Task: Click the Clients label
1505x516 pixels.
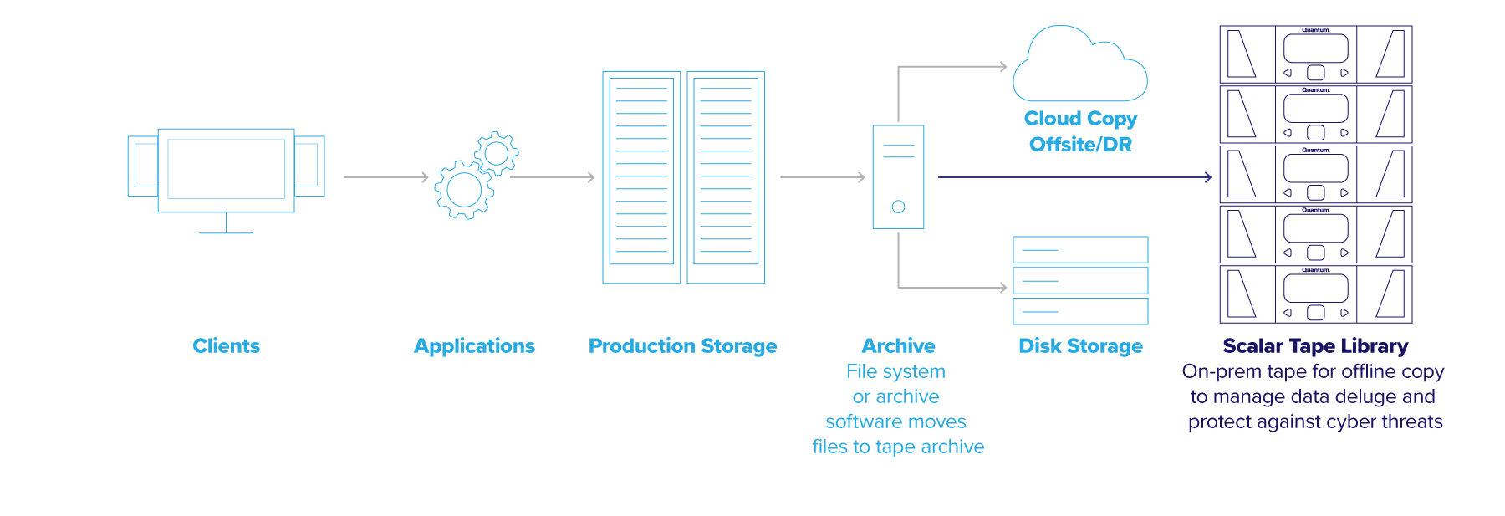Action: [x=226, y=345]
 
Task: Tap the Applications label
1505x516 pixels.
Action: [x=474, y=345]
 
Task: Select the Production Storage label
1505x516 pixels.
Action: [x=682, y=345]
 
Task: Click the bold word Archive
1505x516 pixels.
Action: [x=898, y=345]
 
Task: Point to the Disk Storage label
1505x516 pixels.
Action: [x=1080, y=345]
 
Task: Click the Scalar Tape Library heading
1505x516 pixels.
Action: [x=1315, y=345]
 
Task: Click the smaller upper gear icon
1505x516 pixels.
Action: [x=497, y=153]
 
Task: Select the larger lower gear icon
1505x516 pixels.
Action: [x=464, y=190]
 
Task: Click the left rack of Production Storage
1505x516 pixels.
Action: [x=641, y=177]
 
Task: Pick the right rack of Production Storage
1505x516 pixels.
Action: [x=726, y=177]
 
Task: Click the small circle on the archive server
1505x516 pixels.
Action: [x=898, y=207]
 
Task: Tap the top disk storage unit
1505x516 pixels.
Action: [x=1080, y=249]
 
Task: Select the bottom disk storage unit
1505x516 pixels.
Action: [x=1080, y=311]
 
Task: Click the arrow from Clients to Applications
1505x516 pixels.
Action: [x=385, y=177]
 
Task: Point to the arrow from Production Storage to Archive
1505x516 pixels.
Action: [x=822, y=177]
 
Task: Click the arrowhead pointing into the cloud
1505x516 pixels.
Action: [x=1003, y=67]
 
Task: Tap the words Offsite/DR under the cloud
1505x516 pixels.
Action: [x=1080, y=145]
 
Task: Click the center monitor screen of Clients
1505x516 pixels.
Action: [x=226, y=169]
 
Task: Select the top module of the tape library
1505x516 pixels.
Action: [x=1315, y=54]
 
